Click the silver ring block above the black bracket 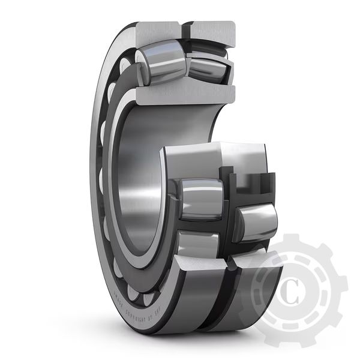pyautogui.click(x=243, y=157)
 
